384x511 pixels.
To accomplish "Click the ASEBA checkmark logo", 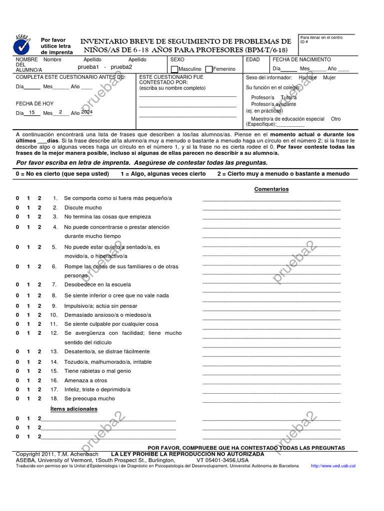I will (x=21, y=45).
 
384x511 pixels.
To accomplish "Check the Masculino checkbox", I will (x=174, y=69).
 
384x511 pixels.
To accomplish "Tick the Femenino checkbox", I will (x=209, y=69).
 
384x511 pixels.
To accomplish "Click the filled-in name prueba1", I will (x=88, y=67).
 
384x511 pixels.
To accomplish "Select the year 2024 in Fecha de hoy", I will (x=86, y=113).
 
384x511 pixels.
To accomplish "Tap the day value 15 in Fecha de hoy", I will (x=32, y=113).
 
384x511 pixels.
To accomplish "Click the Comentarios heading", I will (x=271, y=189).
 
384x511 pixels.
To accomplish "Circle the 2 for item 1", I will (x=39, y=198).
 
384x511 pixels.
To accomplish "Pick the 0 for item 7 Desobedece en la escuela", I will (x=17, y=284).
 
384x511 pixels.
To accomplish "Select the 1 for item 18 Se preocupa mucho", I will (x=28, y=399).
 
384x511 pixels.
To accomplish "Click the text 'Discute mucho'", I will (x=82, y=208).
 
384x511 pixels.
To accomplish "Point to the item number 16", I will (x=54, y=380).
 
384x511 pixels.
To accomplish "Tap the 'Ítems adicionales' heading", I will (x=74, y=409).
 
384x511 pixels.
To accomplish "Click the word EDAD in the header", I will (x=252, y=59).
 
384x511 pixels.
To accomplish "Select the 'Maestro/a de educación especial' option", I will (x=287, y=119).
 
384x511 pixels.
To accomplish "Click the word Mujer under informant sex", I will (x=329, y=78).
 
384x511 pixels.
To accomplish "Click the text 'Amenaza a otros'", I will (x=85, y=380).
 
